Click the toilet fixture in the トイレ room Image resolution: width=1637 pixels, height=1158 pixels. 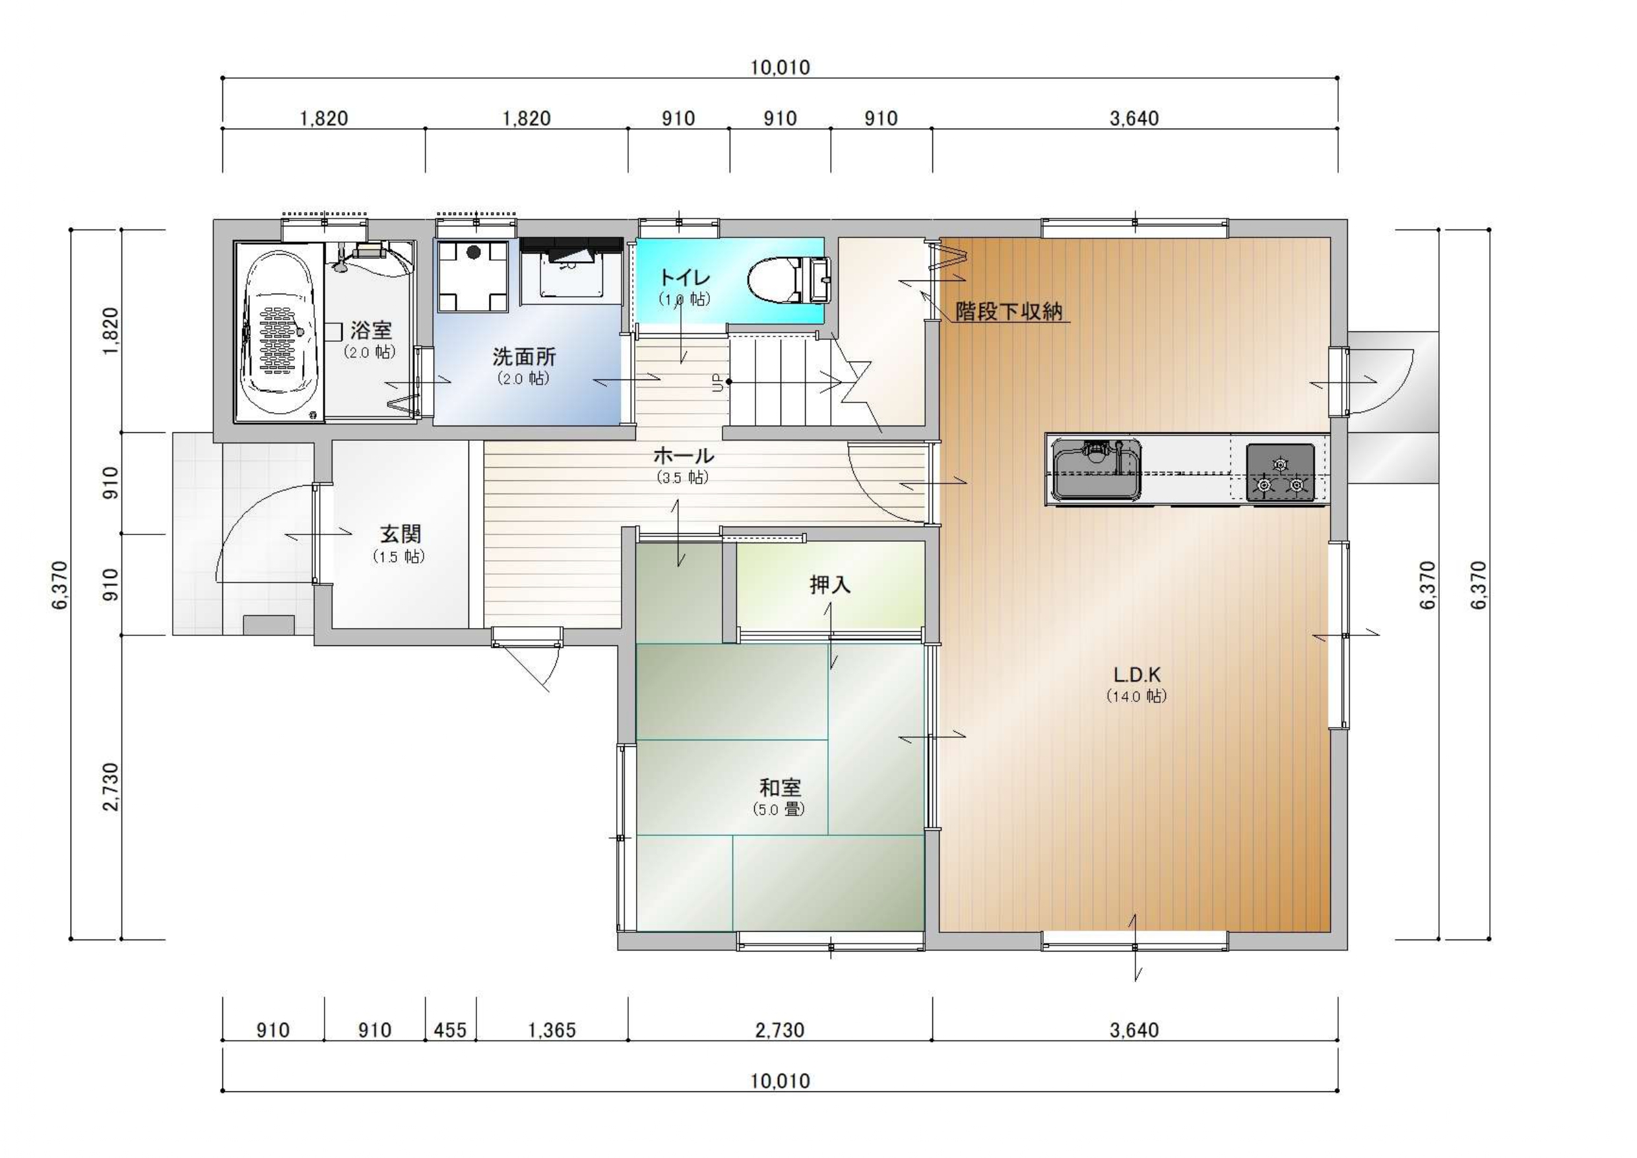point(789,281)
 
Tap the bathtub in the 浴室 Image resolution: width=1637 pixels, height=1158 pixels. point(279,333)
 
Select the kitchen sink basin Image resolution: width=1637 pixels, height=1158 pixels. point(1097,470)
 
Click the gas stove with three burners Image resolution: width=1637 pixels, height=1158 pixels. point(1280,472)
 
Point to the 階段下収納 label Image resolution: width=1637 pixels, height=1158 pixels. point(1009,311)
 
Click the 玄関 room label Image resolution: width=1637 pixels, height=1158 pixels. point(400,533)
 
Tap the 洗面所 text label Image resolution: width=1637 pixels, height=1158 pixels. point(524,356)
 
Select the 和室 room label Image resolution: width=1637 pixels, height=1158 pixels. point(780,787)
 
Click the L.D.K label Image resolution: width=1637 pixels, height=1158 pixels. point(1138,674)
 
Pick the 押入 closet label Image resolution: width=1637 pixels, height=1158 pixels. point(830,585)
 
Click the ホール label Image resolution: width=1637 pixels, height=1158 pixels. point(683,455)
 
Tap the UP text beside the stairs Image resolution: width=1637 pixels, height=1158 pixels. point(719,383)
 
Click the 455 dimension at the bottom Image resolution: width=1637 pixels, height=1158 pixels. point(450,1031)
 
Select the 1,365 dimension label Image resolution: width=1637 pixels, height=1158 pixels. point(552,1031)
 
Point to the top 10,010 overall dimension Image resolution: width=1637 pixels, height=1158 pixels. point(780,68)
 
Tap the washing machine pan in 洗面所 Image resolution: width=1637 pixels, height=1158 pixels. point(472,276)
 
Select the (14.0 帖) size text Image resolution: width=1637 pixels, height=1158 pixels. point(1136,696)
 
